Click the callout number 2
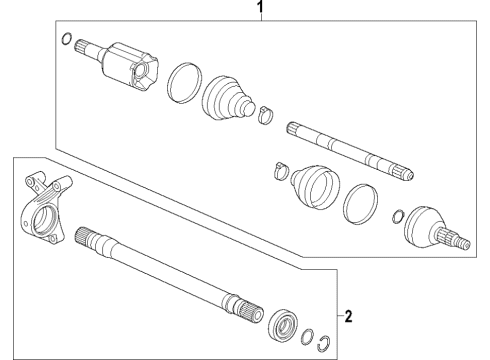click(347, 318)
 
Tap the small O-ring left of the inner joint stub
click(66, 41)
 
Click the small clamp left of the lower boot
click(280, 171)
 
